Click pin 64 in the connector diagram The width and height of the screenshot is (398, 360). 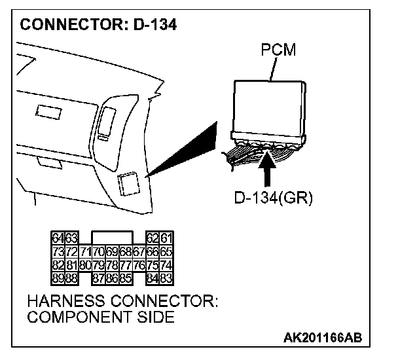tap(56, 238)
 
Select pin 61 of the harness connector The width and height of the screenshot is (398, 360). tap(170, 238)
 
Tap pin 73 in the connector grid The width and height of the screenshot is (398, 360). tap(56, 251)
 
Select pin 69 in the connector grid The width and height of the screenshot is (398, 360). tap(113, 251)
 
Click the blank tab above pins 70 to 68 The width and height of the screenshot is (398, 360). tap(113, 237)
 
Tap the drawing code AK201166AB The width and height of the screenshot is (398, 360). tap(323, 338)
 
